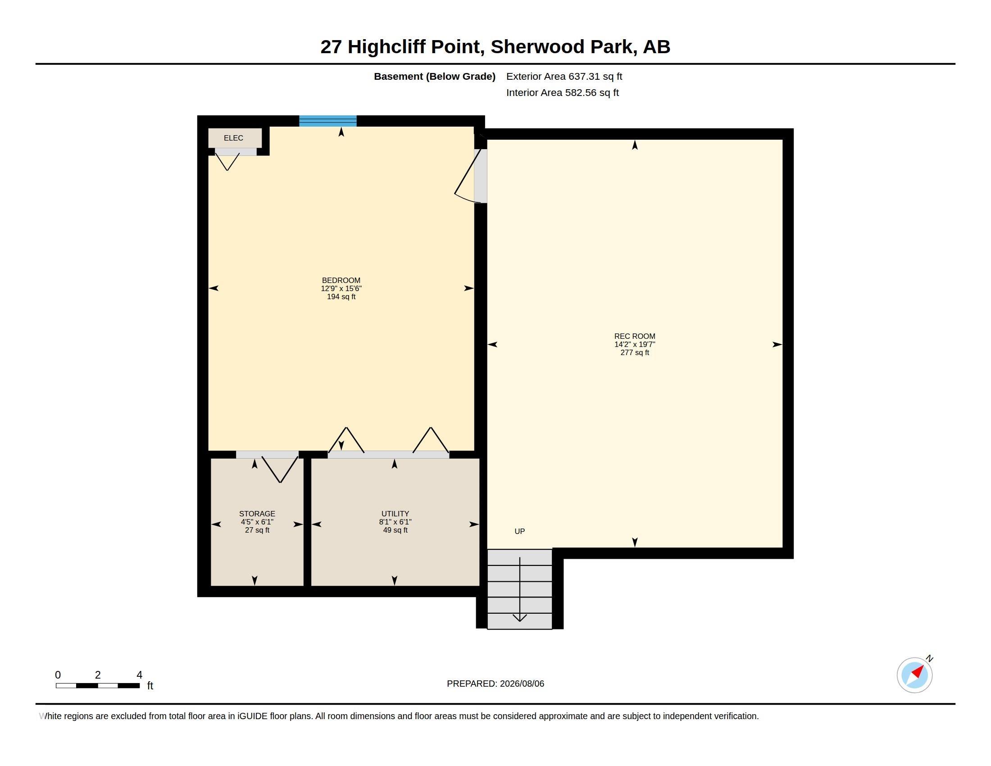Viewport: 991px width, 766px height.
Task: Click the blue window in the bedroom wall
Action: [x=327, y=121]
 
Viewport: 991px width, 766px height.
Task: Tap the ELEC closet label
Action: [x=233, y=138]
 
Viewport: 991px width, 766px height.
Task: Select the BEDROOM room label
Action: [x=341, y=280]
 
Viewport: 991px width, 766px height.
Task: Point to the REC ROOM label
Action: [x=635, y=336]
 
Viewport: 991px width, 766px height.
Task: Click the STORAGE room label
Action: [x=257, y=514]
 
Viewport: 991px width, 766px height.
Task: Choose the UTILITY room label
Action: [x=395, y=514]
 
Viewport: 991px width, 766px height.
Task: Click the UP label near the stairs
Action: [x=519, y=531]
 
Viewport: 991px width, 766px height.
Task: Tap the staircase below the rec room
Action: [x=519, y=589]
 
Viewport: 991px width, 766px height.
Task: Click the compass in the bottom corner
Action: [x=915, y=675]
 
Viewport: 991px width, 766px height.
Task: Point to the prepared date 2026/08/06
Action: [x=522, y=684]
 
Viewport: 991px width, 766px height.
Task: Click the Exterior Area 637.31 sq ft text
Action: [x=564, y=76]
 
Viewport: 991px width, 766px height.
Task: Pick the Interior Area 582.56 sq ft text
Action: [x=562, y=92]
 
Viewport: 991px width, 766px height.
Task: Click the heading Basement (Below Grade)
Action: [x=435, y=76]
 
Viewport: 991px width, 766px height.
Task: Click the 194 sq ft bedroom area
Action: [x=341, y=297]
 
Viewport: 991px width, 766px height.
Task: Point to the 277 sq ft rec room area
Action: [x=635, y=353]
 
